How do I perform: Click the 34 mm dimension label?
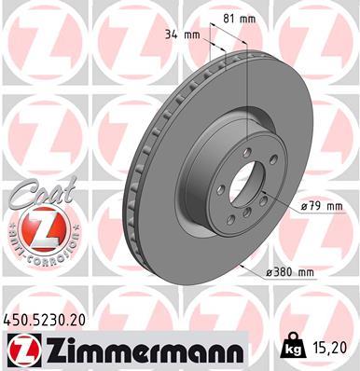coord(182,35)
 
